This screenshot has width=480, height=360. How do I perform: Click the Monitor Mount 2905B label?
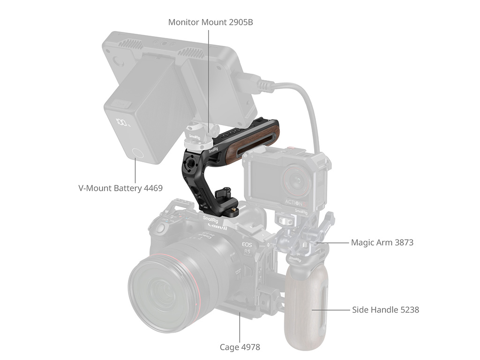pos(210,22)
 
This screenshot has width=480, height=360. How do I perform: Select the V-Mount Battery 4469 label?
pos(120,188)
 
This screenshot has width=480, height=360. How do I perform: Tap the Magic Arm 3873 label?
pos(382,242)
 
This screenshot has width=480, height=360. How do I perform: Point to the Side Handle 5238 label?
pos(385,310)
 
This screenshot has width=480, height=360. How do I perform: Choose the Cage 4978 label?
pos(240,347)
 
